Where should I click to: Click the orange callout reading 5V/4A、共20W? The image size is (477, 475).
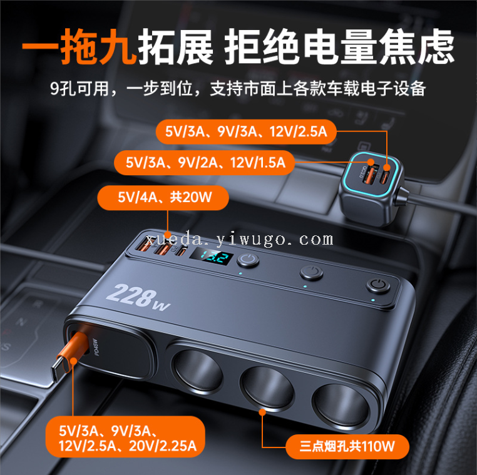coord(163,198)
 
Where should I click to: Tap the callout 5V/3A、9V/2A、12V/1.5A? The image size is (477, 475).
coord(205,163)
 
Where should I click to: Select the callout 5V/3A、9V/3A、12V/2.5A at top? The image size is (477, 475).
coord(246,132)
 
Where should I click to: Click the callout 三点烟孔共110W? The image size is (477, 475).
coord(347,446)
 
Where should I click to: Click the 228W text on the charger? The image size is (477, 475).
coord(138,297)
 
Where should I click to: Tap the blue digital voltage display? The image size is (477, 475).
coord(212,258)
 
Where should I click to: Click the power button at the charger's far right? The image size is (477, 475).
coord(378,286)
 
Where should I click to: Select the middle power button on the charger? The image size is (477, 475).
coord(311,272)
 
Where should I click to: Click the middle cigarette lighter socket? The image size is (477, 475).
coord(267,387)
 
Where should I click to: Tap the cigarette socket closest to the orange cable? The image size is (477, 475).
coord(197,372)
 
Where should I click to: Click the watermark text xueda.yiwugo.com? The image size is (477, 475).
coord(239,240)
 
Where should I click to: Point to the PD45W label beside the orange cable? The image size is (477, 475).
coord(96,347)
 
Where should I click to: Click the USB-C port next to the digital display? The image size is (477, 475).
coord(182,252)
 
